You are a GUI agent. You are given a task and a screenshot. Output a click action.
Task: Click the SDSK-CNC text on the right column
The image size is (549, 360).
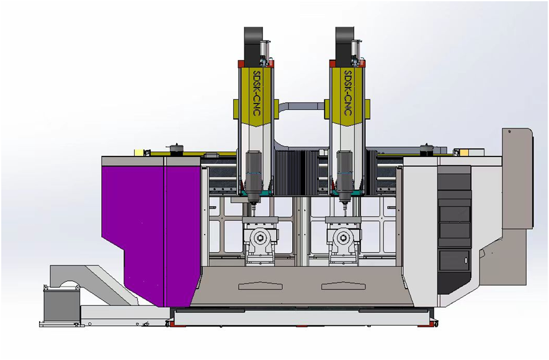click(348, 94)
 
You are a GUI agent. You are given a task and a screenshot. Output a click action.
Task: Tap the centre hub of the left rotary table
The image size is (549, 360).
click(260, 238)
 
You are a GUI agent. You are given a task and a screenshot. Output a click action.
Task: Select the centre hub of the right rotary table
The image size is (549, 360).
click(341, 238)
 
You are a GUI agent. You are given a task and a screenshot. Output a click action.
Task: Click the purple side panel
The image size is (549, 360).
click(151, 231)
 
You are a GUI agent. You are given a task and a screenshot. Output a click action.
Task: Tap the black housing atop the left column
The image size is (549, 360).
click(254, 43)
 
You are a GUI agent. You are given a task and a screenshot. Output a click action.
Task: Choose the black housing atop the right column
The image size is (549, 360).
click(345, 43)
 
